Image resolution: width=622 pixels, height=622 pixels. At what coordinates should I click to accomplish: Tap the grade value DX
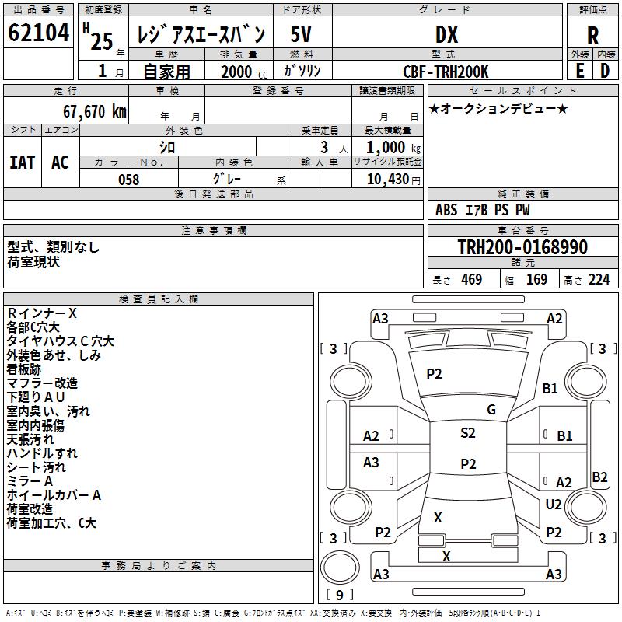446,34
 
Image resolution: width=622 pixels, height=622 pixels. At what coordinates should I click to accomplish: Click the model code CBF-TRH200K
446,72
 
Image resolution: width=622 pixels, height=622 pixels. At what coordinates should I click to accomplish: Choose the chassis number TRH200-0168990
522,247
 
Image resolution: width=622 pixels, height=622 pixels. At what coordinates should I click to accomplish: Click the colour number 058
128,180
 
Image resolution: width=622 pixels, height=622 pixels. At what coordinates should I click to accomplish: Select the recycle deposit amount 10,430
386,180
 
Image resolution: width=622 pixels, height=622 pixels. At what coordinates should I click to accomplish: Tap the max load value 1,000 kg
389,147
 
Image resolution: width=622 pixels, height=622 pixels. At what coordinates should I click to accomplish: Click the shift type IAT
22,162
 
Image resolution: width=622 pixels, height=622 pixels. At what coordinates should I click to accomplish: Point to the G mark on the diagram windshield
491,410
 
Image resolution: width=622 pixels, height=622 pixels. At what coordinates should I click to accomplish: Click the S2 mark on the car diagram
467,433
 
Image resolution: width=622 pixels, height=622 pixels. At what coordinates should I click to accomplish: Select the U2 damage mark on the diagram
554,505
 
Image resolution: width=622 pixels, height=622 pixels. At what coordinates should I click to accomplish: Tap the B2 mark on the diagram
599,477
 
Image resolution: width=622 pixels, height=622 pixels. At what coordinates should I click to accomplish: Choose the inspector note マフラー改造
42,383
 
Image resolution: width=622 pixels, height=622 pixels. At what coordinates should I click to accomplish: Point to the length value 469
470,280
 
